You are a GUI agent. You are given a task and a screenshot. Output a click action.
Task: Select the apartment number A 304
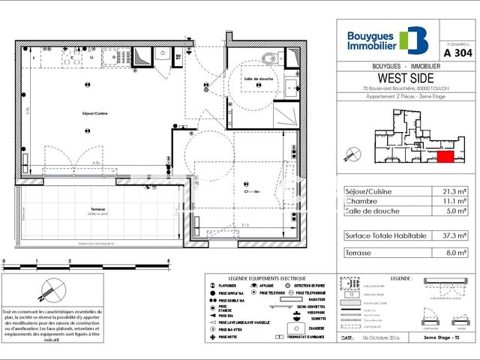(x=457, y=53)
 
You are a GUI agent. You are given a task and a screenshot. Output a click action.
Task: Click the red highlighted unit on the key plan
(x=444, y=156)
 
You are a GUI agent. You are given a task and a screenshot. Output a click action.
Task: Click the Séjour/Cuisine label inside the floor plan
(x=94, y=113)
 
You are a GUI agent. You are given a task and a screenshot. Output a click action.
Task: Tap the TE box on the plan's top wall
(x=178, y=55)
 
